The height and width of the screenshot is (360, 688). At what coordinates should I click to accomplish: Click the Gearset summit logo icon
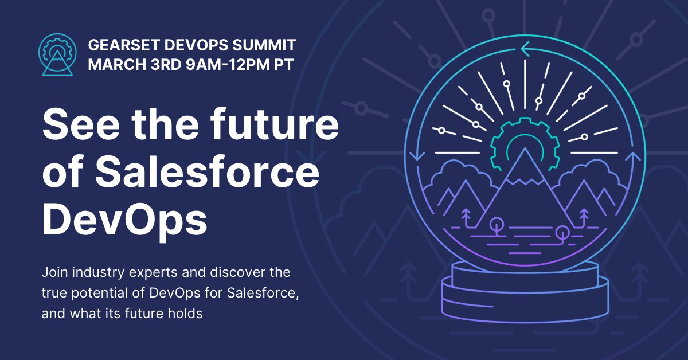pos(56,55)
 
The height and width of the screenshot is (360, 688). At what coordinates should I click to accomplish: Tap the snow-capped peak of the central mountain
pos(523,166)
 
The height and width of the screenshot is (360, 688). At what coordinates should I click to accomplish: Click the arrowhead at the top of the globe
pos(524,50)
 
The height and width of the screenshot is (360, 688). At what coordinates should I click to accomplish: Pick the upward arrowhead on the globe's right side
pos(633,156)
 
